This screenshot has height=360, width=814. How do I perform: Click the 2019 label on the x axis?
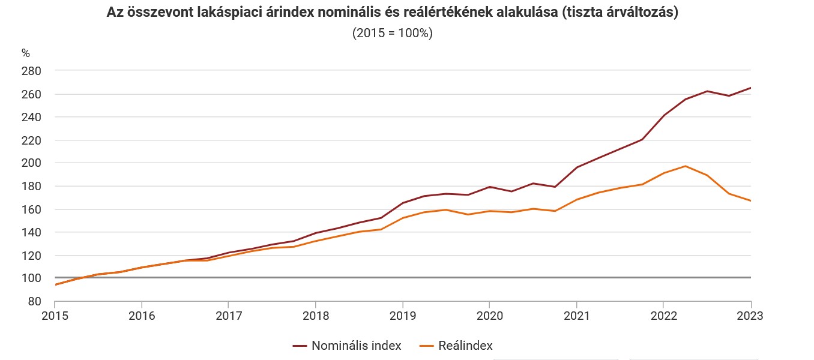point(402,316)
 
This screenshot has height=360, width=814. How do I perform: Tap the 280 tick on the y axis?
point(31,71)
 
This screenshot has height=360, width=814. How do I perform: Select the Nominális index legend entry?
point(348,346)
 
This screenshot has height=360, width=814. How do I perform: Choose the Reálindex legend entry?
point(456,346)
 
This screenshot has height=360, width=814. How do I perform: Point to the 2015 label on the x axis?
point(55,316)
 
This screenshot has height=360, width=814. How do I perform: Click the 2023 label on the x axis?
point(750,316)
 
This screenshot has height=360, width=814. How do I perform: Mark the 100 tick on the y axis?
point(31,278)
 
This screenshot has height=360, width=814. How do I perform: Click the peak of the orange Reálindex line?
point(686,166)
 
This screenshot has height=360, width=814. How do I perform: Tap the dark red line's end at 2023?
point(750,88)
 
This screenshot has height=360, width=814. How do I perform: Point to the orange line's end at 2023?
point(750,200)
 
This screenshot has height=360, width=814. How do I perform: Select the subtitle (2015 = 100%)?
point(392,34)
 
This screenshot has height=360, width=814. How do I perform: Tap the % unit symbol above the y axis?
point(25,53)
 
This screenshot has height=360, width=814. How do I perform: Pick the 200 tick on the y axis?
point(31,163)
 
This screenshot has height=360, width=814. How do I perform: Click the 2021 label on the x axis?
point(576,316)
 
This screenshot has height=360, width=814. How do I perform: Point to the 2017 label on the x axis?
point(228,316)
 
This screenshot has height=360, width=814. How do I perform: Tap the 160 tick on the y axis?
point(31,209)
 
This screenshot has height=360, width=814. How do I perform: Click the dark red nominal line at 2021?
point(576,167)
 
